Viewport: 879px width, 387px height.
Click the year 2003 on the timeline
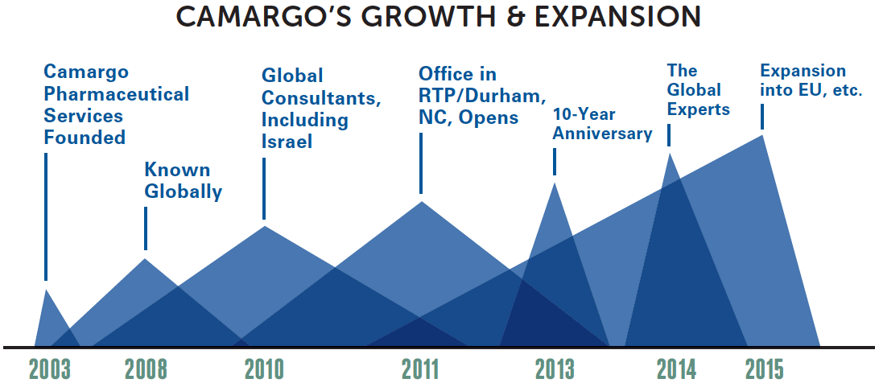click(50, 369)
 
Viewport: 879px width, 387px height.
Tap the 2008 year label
click(146, 369)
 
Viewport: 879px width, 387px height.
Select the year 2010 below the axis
click(264, 369)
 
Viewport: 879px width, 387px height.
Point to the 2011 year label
click(420, 369)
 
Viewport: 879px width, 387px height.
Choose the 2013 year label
click(555, 369)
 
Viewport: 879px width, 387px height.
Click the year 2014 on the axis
click(676, 369)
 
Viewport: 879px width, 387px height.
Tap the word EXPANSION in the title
click(617, 18)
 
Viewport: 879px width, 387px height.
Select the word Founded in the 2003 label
click(85, 138)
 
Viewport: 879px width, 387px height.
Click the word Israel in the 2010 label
click(287, 142)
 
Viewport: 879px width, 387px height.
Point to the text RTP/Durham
click(482, 97)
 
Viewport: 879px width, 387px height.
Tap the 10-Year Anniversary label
click(603, 125)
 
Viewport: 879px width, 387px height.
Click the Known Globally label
click(184, 181)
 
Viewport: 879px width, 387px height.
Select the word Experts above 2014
click(699, 109)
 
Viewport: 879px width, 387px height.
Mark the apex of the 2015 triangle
click(762, 135)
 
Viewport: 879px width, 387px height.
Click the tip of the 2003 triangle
click(46, 290)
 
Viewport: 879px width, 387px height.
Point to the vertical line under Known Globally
click(146, 228)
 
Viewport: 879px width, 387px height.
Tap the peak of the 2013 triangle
click(555, 183)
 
